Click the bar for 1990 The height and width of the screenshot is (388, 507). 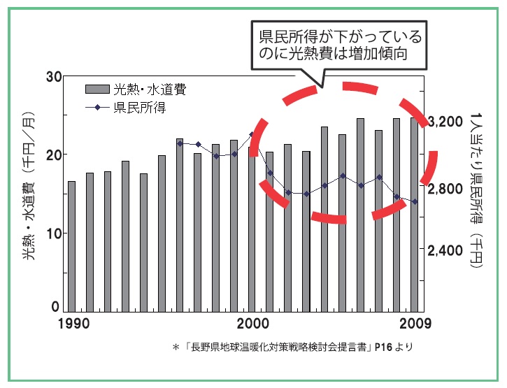coord(71,245)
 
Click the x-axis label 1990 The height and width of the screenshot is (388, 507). coord(73,324)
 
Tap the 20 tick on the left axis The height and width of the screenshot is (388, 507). coord(54,155)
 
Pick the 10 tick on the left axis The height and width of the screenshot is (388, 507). coord(54,233)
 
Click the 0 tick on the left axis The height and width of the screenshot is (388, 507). coord(57,308)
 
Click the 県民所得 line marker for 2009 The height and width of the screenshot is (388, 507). coord(414,201)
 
